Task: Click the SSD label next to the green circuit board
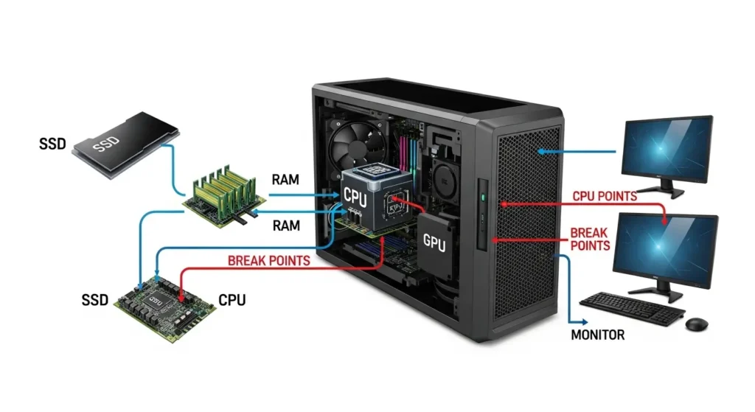tap(94, 300)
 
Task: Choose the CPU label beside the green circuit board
tap(232, 300)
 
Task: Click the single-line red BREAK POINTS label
tap(268, 260)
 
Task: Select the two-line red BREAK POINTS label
tap(590, 238)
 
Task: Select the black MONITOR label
tap(598, 335)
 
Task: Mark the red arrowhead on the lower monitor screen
tap(666, 220)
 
